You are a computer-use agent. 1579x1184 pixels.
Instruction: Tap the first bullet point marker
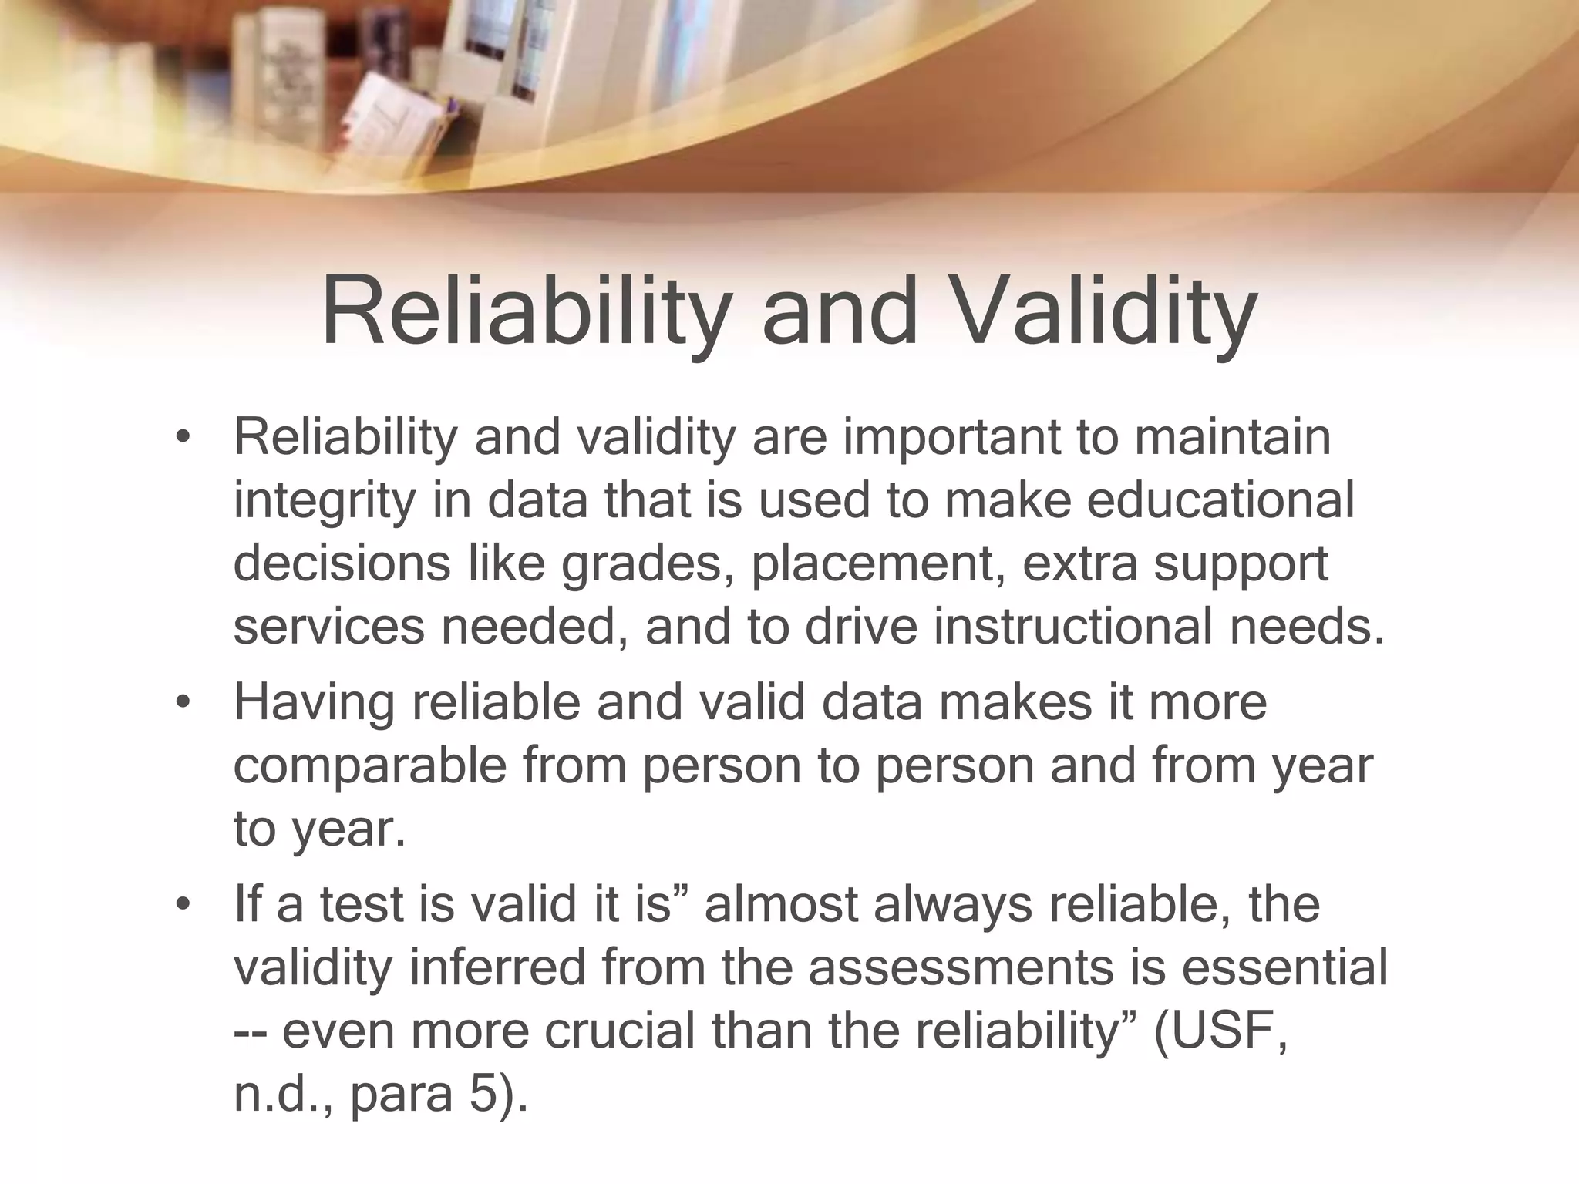[x=182, y=437]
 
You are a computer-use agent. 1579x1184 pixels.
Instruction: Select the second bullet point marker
[x=182, y=702]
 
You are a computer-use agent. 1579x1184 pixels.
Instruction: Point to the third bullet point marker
[x=182, y=903]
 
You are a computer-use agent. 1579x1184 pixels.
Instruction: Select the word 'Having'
[x=315, y=703]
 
